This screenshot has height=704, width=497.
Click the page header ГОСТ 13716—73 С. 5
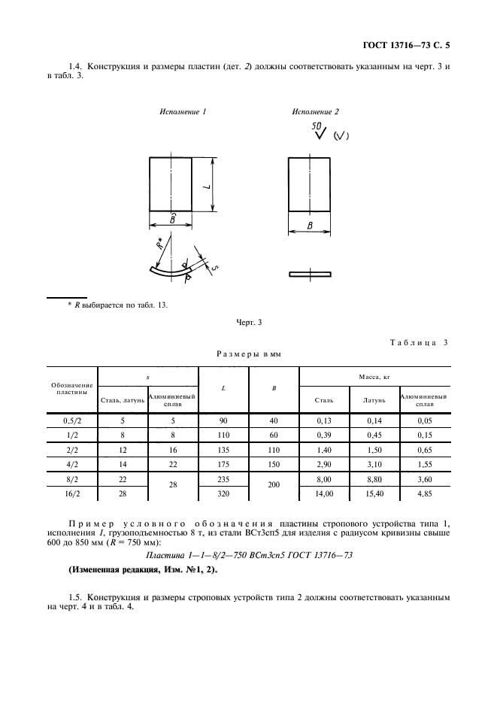pyautogui.click(x=406, y=45)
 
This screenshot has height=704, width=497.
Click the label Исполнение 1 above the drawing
pyautogui.click(x=183, y=112)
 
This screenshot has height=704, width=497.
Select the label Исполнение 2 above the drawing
pyautogui.click(x=315, y=112)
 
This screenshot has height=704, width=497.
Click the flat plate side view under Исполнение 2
pyautogui.click(x=310, y=274)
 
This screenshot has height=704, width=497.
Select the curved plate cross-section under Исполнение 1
pyautogui.click(x=171, y=272)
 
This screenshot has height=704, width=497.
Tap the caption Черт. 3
pyautogui.click(x=249, y=323)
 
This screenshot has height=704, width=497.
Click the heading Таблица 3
pyautogui.click(x=419, y=342)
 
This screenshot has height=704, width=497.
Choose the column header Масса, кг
pyautogui.click(x=374, y=377)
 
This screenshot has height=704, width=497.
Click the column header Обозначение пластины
pyautogui.click(x=72, y=388)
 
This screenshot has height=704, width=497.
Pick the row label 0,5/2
pyautogui.click(x=72, y=420)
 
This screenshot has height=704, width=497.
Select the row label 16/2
pyautogui.click(x=72, y=494)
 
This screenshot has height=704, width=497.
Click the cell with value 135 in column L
pyautogui.click(x=223, y=450)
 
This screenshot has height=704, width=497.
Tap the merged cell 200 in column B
pyautogui.click(x=274, y=485)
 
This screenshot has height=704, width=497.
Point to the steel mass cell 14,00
pyautogui.click(x=324, y=494)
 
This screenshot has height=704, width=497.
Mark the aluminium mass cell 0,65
pyautogui.click(x=425, y=450)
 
